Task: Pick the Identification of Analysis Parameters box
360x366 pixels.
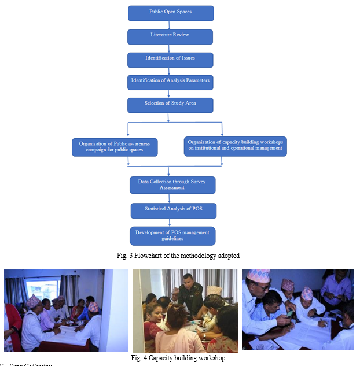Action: pos(170,82)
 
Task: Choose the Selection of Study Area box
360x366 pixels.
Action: pos(170,105)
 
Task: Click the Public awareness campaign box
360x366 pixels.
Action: pos(115,147)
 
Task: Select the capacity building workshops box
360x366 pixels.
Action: pos(235,146)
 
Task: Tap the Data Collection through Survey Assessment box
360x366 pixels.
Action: pos(172,184)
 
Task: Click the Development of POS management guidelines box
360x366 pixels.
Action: pos(172,235)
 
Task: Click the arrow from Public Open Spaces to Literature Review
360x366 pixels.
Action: pos(169,25)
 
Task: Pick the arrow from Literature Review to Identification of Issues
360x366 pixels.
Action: pos(169,48)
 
